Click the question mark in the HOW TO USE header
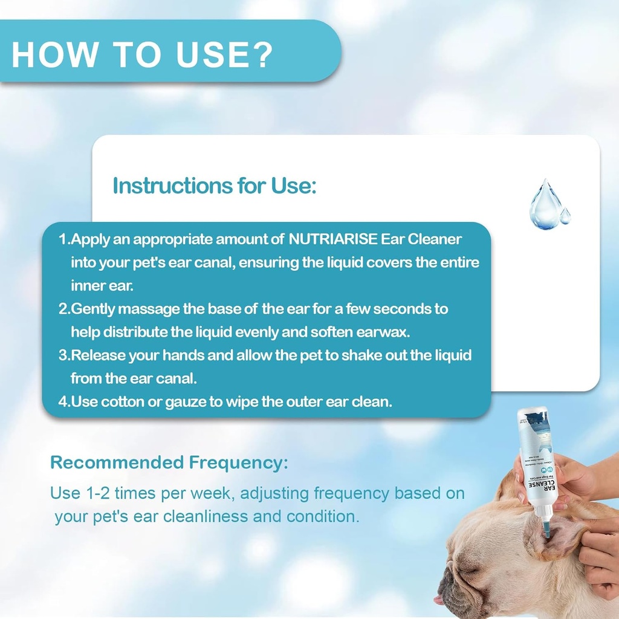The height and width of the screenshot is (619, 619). click(x=261, y=55)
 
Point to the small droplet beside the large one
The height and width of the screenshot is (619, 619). click(x=565, y=216)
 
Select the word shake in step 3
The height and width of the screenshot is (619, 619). click(x=360, y=355)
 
